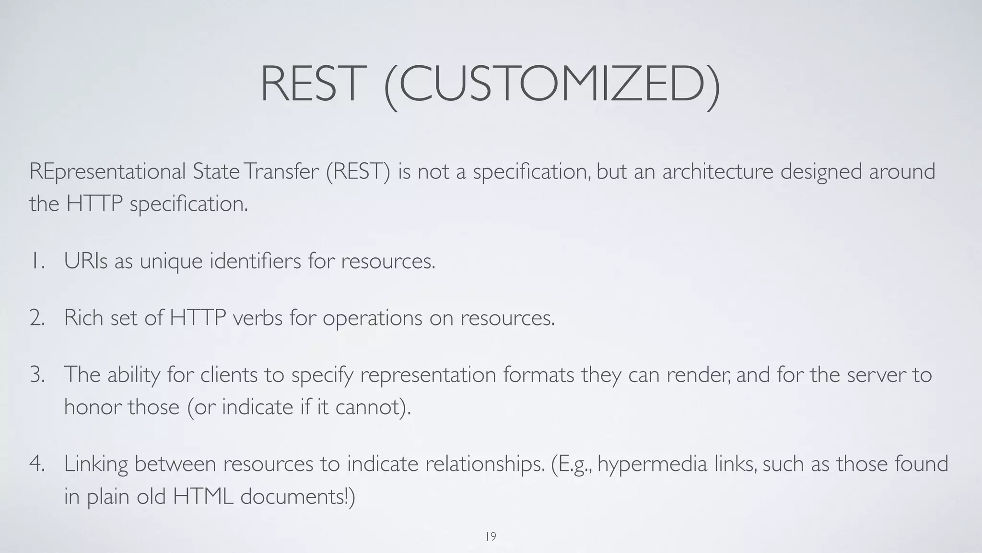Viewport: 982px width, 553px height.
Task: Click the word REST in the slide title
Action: [310, 84]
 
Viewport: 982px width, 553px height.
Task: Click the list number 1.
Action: [37, 262]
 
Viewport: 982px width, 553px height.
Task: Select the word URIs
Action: [86, 262]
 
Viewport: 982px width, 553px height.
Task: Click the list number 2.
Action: [37, 318]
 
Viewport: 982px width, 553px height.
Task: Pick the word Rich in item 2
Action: [83, 318]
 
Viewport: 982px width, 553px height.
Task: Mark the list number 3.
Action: [37, 375]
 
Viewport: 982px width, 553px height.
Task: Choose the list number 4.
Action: [37, 464]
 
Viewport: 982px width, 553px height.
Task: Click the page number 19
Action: [491, 537]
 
